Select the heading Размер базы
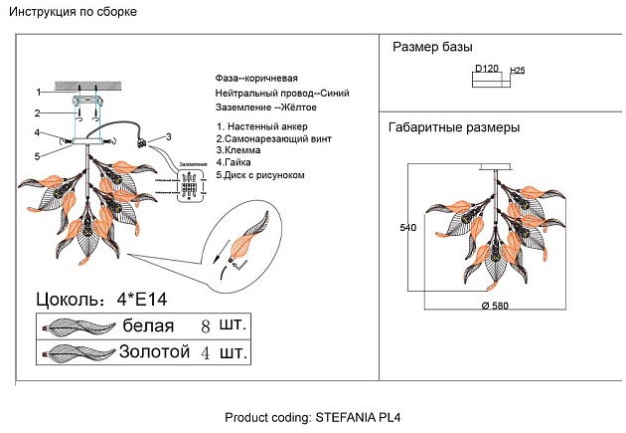[432, 47]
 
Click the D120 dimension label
[487, 69]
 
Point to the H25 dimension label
[517, 71]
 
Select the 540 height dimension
[406, 228]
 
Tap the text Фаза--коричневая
[256, 78]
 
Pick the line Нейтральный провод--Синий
[282, 93]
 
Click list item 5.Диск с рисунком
[260, 175]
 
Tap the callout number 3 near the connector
[169, 136]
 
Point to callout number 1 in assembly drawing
[39, 91]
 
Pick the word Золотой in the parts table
[154, 352]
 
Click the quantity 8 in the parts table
[206, 326]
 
